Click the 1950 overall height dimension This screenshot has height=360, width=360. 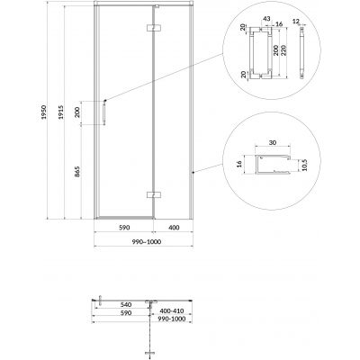[44, 112]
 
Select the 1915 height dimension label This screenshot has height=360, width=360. [61, 112]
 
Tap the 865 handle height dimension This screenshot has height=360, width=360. [77, 171]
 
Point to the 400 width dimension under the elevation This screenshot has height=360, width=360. [174, 228]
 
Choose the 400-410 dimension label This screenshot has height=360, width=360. [171, 311]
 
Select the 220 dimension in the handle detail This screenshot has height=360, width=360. [284, 51]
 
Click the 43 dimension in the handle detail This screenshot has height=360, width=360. [266, 19]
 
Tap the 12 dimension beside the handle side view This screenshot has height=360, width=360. [296, 21]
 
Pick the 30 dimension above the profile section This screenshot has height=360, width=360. [273, 143]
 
